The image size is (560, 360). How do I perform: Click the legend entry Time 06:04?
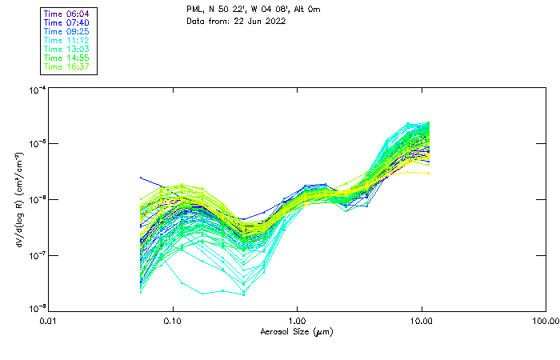pyautogui.click(x=66, y=14)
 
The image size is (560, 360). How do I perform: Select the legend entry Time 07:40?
pyautogui.click(x=66, y=22)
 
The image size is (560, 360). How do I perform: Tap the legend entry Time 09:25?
pyautogui.click(x=66, y=31)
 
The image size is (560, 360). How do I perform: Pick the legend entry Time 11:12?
pyautogui.click(x=66, y=40)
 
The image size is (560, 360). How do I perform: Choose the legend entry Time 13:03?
pyautogui.click(x=66, y=49)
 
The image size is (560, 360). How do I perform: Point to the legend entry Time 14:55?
pyautogui.click(x=66, y=58)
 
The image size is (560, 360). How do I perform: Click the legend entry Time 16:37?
pyautogui.click(x=66, y=66)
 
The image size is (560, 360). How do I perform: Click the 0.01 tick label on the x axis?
pyautogui.click(x=49, y=321)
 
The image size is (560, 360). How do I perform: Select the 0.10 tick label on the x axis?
pyautogui.click(x=173, y=321)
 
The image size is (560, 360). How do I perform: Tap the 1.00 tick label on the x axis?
pyautogui.click(x=298, y=321)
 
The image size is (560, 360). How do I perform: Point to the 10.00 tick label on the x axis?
pyautogui.click(x=422, y=321)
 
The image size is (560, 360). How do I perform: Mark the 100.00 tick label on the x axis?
pyautogui.click(x=546, y=321)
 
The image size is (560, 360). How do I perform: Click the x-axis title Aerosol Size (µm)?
pyautogui.click(x=297, y=331)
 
